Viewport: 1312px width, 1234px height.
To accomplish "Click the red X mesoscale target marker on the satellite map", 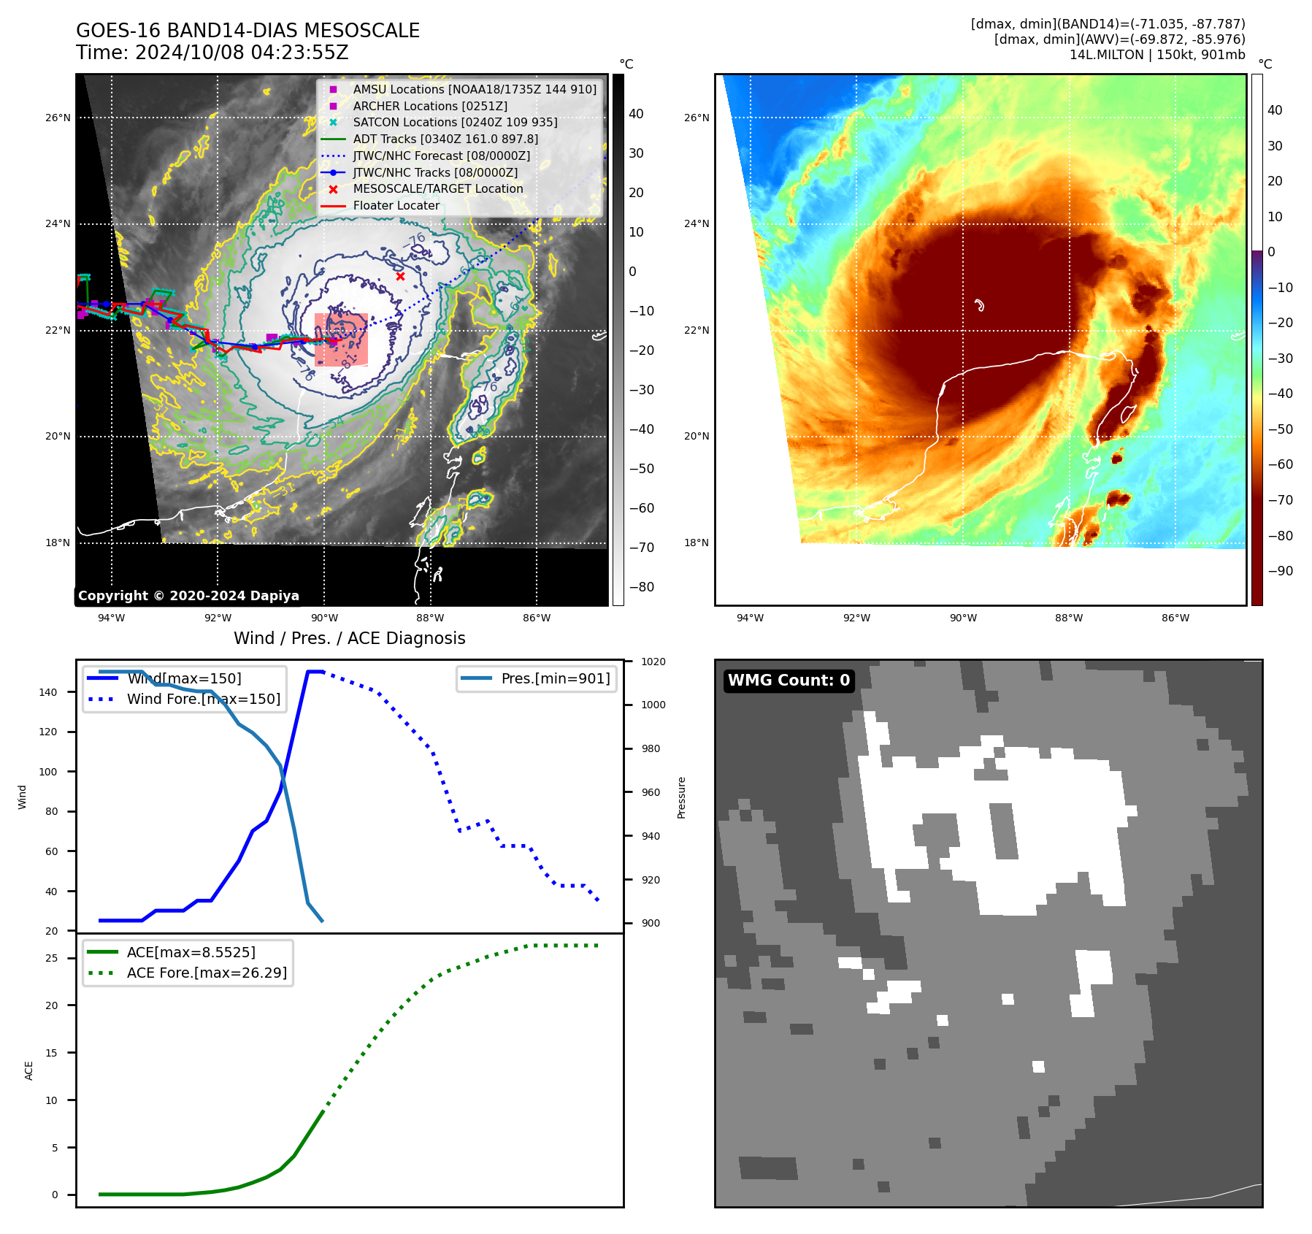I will (x=400, y=276).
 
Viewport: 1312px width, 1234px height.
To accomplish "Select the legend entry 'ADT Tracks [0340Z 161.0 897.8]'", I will (x=445, y=139).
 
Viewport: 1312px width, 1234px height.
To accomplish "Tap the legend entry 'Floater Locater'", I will (x=396, y=205).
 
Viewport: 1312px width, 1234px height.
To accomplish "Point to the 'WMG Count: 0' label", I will (x=789, y=681).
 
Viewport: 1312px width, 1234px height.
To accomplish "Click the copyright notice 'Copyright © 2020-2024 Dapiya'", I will (x=188, y=596).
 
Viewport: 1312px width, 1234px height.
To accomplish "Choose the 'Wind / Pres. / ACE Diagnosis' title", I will (x=349, y=638).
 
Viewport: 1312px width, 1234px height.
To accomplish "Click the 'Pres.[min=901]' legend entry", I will (x=555, y=678).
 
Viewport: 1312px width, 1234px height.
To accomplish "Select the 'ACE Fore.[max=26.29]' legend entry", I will (x=207, y=973).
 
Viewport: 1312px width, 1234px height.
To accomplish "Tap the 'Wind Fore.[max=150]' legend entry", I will (x=203, y=699).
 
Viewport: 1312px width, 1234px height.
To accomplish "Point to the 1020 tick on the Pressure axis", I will (x=653, y=662).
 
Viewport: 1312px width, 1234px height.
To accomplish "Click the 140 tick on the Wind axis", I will (x=48, y=692).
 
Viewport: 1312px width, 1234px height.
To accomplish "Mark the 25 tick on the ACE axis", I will (x=51, y=958).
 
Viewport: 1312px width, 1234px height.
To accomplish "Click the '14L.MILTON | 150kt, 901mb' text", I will (x=1157, y=55).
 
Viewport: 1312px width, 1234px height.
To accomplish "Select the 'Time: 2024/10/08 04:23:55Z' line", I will (x=212, y=53).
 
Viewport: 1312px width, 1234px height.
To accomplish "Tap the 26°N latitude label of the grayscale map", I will (x=58, y=118).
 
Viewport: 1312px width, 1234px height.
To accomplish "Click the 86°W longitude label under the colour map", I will (x=1175, y=618).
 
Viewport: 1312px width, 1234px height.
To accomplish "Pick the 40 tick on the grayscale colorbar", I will (x=636, y=114).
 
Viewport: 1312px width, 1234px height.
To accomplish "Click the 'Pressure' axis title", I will (x=681, y=797).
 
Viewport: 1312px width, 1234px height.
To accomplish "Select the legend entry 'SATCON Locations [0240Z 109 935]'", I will (x=455, y=122).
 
